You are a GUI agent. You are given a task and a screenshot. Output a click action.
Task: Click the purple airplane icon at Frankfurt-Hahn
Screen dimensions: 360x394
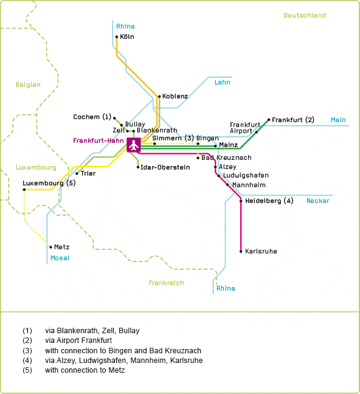pos(134,145)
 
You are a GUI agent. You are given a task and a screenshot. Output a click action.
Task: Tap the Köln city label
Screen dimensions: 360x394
pos(127,36)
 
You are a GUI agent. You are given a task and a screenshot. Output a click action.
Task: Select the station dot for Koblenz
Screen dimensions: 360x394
pos(159,97)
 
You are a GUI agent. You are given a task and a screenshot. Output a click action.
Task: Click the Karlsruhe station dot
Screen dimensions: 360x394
pos(241,251)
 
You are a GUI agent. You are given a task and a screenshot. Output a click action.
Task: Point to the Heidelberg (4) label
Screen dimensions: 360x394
pos(269,201)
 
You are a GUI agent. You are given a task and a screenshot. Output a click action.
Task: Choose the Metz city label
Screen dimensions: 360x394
pos(61,247)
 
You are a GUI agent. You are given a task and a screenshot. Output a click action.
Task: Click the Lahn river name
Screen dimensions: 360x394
pos(222,82)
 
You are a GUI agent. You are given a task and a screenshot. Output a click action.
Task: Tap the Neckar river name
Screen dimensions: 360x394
pos(318,201)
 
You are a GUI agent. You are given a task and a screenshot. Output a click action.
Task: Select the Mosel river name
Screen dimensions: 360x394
pos(60,258)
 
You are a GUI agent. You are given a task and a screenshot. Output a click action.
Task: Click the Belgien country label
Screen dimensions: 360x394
pos(28,85)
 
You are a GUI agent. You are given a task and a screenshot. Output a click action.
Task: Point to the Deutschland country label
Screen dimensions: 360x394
pos(305,15)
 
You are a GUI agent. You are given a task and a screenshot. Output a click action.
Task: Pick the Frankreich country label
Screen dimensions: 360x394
pos(167,283)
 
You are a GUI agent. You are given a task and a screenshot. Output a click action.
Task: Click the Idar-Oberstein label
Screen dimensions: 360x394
pos(165,167)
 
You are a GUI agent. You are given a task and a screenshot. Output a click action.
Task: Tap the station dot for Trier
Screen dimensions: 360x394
pos(77,173)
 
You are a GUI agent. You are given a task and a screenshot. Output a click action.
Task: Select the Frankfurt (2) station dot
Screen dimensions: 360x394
pos(269,120)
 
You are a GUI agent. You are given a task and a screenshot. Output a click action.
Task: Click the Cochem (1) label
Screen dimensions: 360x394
pos(92,117)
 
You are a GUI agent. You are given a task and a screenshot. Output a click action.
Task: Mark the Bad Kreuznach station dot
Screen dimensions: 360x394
pos(198,158)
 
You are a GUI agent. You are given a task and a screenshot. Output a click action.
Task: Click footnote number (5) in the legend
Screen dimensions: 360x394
pos(27,370)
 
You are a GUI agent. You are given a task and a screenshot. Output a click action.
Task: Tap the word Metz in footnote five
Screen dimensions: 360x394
pos(117,370)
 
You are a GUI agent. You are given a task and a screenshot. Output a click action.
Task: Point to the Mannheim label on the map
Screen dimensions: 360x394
pos(249,185)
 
